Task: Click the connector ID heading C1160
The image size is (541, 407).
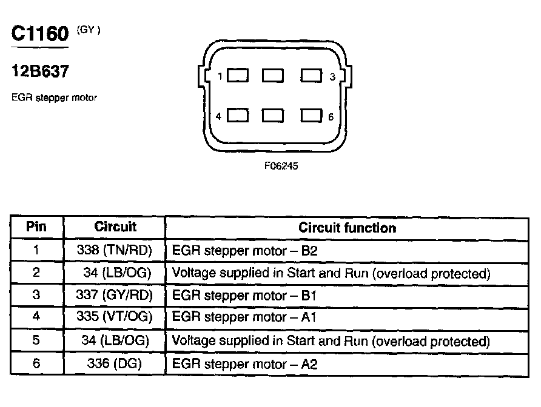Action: pyautogui.click(x=40, y=34)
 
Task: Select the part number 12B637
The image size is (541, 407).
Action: pyautogui.click(x=39, y=72)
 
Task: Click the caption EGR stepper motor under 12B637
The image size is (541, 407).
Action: pyautogui.click(x=54, y=97)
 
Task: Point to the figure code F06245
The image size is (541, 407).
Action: pyautogui.click(x=281, y=165)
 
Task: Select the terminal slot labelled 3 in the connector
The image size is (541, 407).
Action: pyautogui.click(x=311, y=76)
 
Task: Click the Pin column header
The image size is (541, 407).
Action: pyautogui.click(x=36, y=228)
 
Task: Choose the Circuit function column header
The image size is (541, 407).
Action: pyautogui.click(x=347, y=228)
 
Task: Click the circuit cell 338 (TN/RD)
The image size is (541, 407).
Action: pyautogui.click(x=115, y=250)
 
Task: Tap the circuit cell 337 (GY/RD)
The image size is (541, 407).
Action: pyautogui.click(x=115, y=296)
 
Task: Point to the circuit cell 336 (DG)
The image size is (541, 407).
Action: pyautogui.click(x=115, y=364)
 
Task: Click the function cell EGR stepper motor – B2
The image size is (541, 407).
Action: pyautogui.click(x=244, y=250)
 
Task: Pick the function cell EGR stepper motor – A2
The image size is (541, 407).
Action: pyautogui.click(x=244, y=364)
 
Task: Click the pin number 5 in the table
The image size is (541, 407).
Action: pyautogui.click(x=36, y=341)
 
